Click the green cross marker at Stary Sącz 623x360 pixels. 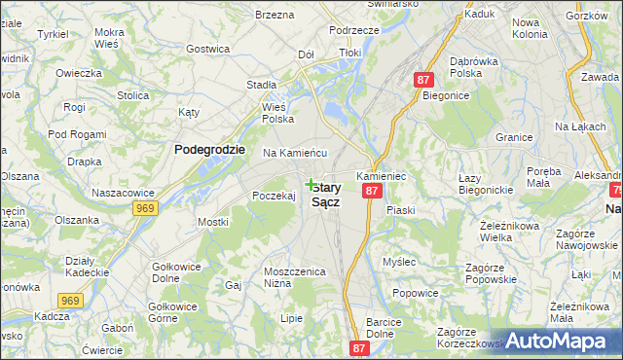coord(311,184)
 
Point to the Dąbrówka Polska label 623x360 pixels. coord(474,67)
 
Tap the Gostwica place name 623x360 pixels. coord(207,49)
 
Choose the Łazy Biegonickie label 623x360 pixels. coord(486,183)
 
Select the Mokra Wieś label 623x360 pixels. coord(116,38)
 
